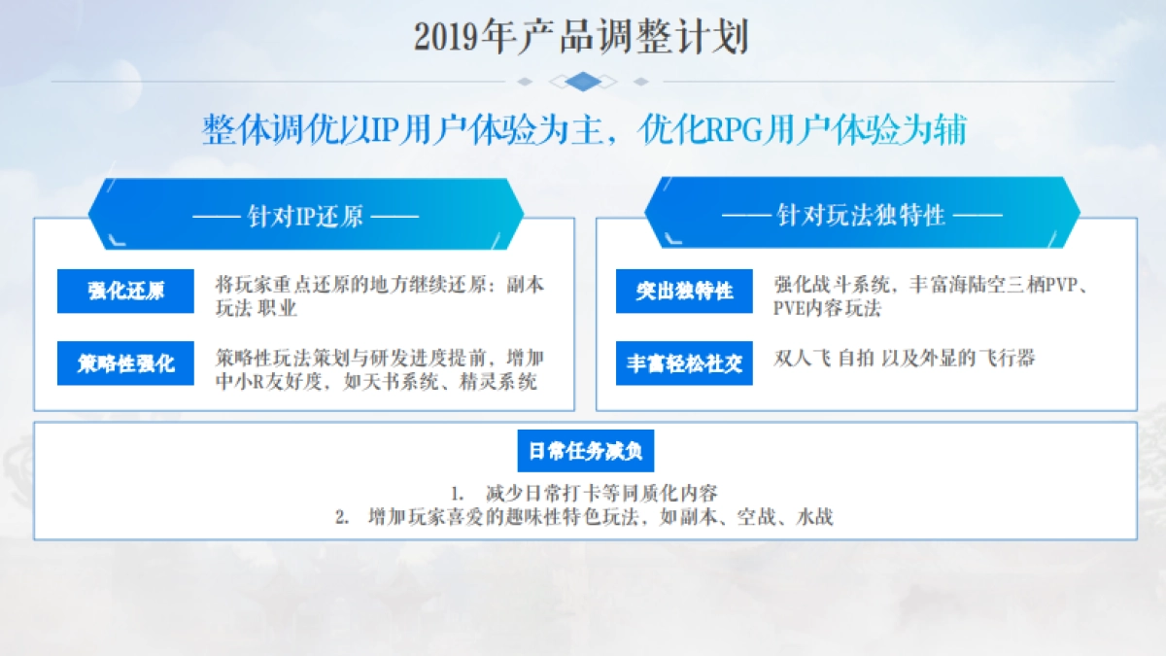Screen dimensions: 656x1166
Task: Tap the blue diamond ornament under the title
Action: pyautogui.click(x=582, y=82)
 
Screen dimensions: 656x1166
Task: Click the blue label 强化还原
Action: pyautogui.click(x=125, y=291)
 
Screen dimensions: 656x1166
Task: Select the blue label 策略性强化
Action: pyautogui.click(x=125, y=363)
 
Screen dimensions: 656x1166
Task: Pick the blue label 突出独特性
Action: pyautogui.click(x=684, y=291)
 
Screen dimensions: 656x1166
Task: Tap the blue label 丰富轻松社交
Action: pyautogui.click(x=684, y=363)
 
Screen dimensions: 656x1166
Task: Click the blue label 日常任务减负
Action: pyautogui.click(x=585, y=451)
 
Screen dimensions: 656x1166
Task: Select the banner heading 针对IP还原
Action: pyautogui.click(x=305, y=215)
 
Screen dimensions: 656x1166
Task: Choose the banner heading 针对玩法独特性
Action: pyautogui.click(x=861, y=215)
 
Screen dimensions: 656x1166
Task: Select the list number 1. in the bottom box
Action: pyautogui.click(x=459, y=493)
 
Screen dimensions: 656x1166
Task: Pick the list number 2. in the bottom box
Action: pyautogui.click(x=343, y=517)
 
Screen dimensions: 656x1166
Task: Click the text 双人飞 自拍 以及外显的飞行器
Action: pyautogui.click(x=904, y=358)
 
